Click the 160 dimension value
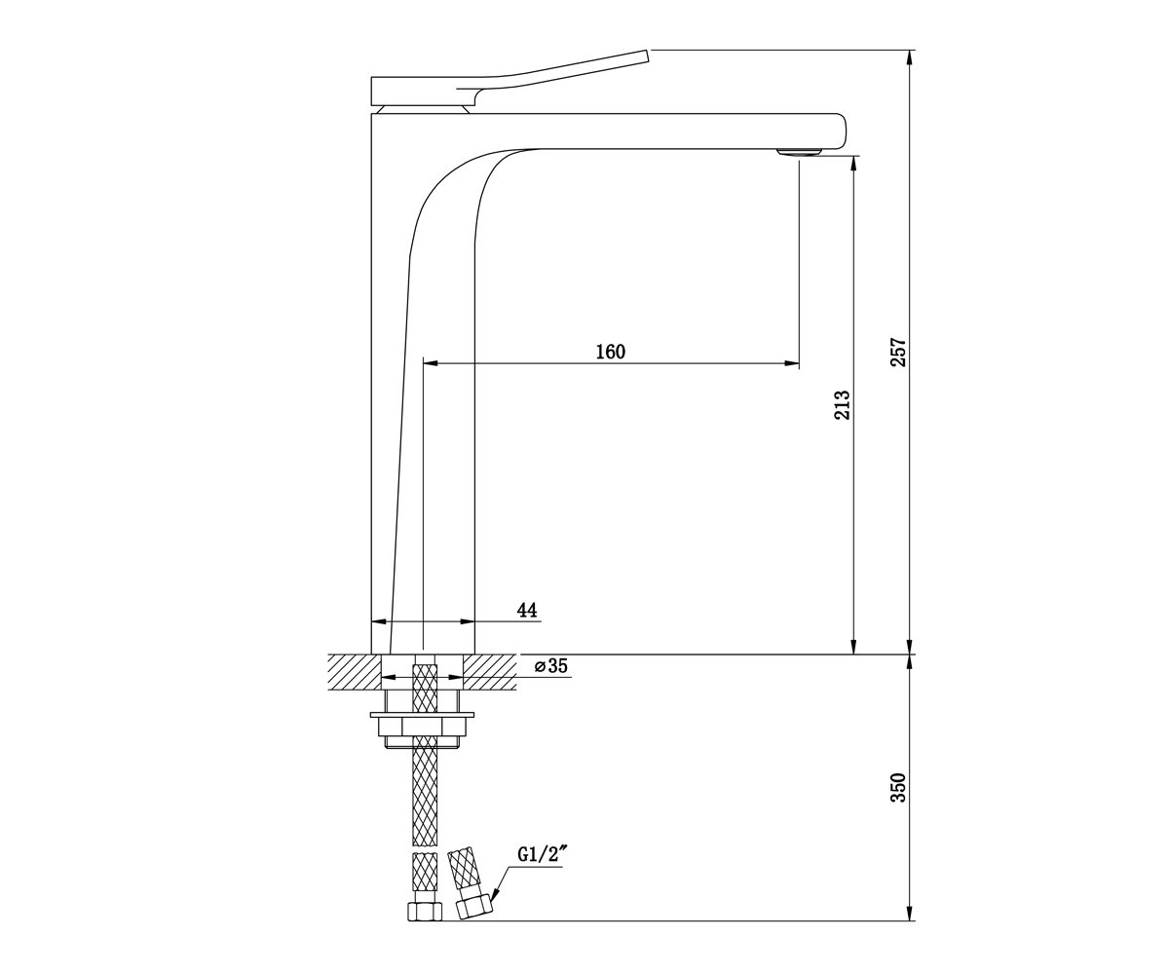point(610,352)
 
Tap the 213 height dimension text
point(842,405)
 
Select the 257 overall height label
point(898,352)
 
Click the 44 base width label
point(527,610)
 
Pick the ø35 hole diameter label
point(551,666)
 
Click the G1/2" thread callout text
point(539,855)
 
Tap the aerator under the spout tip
point(799,152)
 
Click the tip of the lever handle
point(648,56)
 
